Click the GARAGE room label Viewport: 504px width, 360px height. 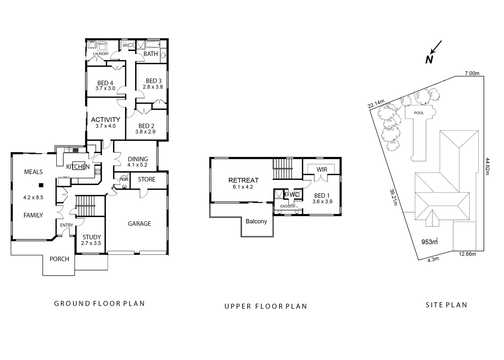(x=139, y=224)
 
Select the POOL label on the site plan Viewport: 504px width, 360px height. (x=419, y=113)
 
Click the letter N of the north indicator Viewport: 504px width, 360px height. (x=429, y=60)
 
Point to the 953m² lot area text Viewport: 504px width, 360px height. (x=429, y=242)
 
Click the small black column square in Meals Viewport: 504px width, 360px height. (x=41, y=185)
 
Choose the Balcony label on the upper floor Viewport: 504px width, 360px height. (x=256, y=221)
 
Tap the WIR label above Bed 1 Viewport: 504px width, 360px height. (x=322, y=170)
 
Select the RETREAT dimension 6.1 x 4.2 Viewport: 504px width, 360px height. (x=243, y=187)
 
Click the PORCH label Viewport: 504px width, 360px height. (x=59, y=259)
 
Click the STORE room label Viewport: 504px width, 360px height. (x=147, y=179)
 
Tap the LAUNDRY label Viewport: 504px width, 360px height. (x=101, y=54)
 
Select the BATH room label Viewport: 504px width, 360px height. (x=151, y=54)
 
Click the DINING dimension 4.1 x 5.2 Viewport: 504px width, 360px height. (x=137, y=165)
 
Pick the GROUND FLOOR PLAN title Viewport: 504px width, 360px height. (x=99, y=304)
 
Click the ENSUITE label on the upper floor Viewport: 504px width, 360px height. (x=287, y=206)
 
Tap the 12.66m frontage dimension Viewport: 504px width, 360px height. (x=467, y=254)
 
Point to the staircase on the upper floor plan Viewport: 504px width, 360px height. (x=283, y=169)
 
